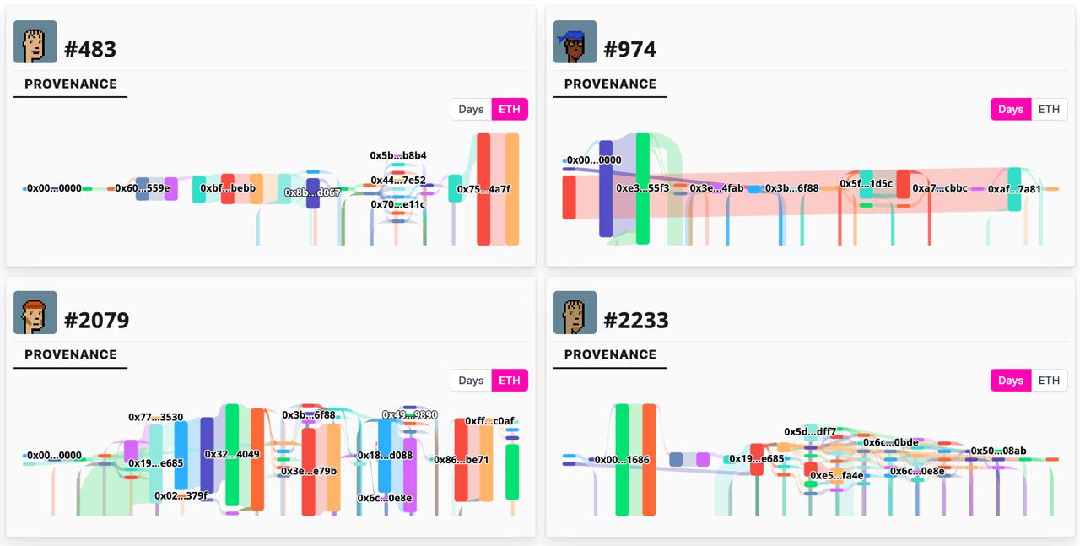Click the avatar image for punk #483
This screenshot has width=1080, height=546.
click(35, 42)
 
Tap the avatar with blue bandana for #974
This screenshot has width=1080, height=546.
click(575, 42)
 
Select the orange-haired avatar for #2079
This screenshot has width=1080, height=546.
click(35, 313)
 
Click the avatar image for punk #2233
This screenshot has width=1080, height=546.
click(575, 313)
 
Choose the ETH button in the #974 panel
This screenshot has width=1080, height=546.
click(1049, 110)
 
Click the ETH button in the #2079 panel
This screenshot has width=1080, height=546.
click(510, 381)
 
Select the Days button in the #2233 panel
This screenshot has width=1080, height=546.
click(1010, 381)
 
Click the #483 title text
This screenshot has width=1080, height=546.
click(90, 49)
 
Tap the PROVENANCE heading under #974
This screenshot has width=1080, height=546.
click(610, 84)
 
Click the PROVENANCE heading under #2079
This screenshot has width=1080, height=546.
click(71, 355)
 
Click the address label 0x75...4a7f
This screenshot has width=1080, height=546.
click(483, 190)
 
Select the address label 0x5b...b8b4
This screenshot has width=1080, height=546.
click(398, 156)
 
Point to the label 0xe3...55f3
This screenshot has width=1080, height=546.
click(642, 188)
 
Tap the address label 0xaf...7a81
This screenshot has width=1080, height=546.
click(1014, 190)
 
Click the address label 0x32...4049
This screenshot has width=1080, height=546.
click(232, 455)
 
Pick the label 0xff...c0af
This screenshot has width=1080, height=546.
click(489, 421)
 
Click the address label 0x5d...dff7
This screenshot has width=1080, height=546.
click(810, 432)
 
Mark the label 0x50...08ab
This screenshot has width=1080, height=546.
click(998, 451)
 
